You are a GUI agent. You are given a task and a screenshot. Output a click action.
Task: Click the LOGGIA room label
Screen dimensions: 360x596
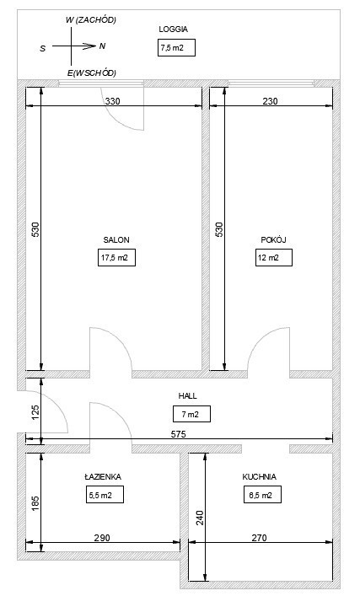point(174,30)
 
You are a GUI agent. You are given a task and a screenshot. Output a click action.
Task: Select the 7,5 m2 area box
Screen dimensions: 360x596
point(176,47)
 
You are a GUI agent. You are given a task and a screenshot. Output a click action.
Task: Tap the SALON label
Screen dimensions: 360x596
point(116,240)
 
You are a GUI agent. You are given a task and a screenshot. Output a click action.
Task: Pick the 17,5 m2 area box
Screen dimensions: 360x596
point(116,258)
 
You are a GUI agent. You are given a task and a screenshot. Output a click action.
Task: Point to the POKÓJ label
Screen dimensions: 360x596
point(273,240)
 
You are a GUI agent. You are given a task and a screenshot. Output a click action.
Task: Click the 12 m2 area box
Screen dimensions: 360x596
point(274,258)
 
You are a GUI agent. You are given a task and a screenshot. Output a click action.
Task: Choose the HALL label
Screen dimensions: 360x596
point(188,395)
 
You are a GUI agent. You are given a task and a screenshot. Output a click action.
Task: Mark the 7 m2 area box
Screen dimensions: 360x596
point(191,414)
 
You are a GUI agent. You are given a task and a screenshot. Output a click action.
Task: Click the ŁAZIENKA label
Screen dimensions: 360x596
point(103,476)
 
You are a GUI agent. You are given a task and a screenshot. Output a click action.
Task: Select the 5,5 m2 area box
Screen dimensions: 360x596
point(105,496)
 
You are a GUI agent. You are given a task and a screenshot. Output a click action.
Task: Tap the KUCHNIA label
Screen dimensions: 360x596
point(260,476)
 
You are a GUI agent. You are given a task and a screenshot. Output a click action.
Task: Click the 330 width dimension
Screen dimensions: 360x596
point(112,101)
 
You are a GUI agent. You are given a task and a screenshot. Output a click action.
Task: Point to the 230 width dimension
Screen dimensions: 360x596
point(270,101)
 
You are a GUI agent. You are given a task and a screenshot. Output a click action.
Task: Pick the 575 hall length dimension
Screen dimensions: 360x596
point(178,434)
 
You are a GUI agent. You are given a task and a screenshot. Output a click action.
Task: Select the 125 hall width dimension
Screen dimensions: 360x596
point(35,413)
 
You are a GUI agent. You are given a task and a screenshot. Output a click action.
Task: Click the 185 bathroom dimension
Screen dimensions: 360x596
point(35,503)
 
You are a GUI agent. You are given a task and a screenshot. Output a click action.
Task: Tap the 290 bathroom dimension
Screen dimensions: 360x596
point(102,538)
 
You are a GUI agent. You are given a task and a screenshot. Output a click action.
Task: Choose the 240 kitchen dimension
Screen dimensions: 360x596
point(200,518)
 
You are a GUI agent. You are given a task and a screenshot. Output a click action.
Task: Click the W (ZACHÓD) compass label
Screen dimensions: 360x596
point(91,20)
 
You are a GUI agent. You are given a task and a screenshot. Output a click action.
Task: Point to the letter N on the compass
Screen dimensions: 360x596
point(102,46)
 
